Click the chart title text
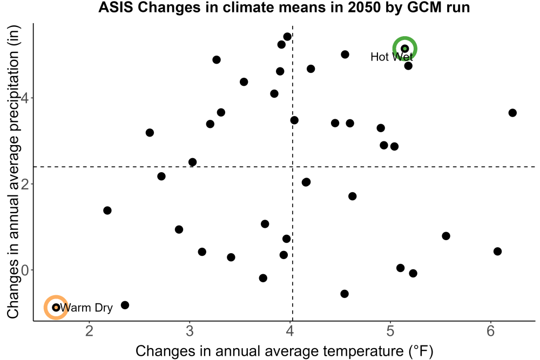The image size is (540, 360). click(x=284, y=7)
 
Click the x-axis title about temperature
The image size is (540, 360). click(x=284, y=351)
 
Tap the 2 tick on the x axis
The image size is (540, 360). click(x=90, y=331)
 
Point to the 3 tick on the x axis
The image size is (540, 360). click(x=190, y=331)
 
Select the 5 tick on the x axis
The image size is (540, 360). click(x=390, y=331)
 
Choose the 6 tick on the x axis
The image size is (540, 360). click(x=490, y=331)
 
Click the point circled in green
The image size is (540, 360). click(x=404, y=49)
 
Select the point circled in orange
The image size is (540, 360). click(x=56, y=307)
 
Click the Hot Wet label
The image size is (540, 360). click(x=391, y=57)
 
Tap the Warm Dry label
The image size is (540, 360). click(x=86, y=307)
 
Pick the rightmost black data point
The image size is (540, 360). click(x=512, y=113)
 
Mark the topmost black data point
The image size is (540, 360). click(x=287, y=37)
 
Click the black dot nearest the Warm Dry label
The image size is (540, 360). click(x=125, y=305)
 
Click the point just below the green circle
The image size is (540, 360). click(x=408, y=66)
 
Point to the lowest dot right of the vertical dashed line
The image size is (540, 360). click(x=345, y=294)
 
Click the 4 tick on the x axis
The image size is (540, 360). click(x=290, y=331)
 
